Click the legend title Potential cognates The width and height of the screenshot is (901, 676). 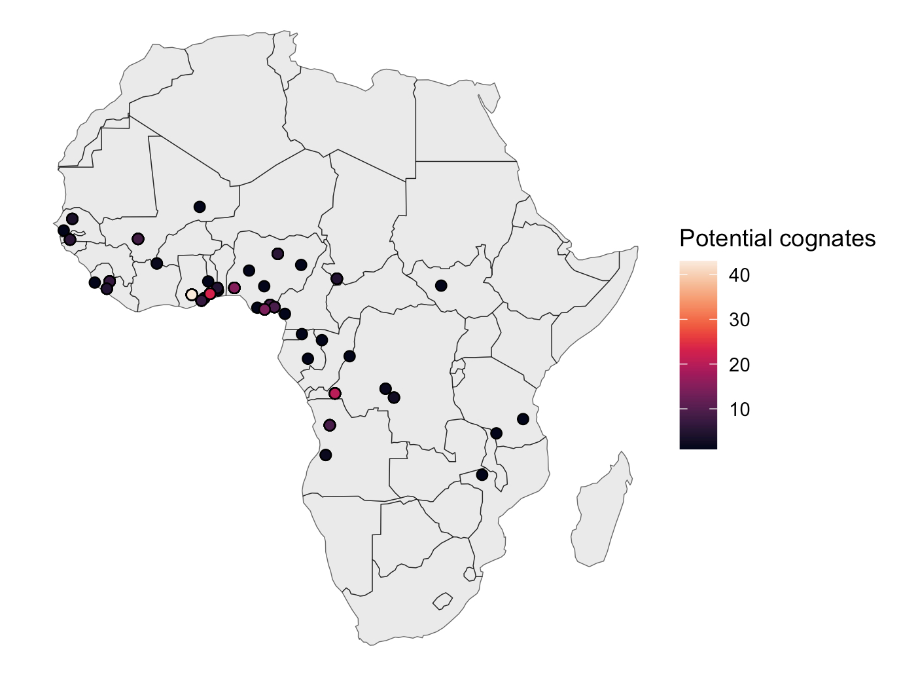pos(777,238)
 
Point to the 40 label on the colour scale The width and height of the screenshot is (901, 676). pos(739,275)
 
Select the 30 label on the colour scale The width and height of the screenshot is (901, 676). pos(739,320)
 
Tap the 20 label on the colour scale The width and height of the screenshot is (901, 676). pos(739,365)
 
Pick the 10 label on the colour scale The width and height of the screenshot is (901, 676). pos(739,409)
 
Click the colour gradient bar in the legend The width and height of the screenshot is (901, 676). pos(698,354)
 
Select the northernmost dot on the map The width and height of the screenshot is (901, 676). pos(200,207)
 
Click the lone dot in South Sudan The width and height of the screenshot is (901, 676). pos(441,286)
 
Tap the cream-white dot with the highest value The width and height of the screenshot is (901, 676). pos(192,295)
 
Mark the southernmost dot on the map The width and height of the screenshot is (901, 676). pos(482,475)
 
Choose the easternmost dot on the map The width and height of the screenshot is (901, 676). pos(523,419)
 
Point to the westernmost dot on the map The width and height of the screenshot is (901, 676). pos(63,231)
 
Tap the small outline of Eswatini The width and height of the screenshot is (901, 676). pos(469,574)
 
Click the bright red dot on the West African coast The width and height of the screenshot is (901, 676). pos(210,293)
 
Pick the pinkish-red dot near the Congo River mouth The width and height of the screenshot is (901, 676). pos(335,394)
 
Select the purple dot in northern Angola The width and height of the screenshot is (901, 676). pos(330,425)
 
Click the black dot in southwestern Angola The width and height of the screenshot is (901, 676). pos(326,455)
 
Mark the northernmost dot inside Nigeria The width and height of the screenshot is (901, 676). pos(277,254)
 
